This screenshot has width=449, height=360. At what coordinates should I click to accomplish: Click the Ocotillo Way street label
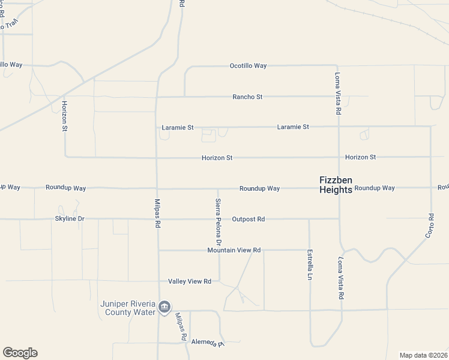pyautogui.click(x=248, y=66)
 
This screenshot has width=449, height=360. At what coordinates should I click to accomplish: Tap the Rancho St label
pyautogui.click(x=248, y=97)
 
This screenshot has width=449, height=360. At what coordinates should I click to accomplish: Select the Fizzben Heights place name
pyautogui.click(x=335, y=184)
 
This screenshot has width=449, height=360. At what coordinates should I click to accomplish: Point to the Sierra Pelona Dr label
pyautogui.click(x=218, y=222)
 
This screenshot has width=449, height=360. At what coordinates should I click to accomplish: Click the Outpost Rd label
pyautogui.click(x=248, y=219)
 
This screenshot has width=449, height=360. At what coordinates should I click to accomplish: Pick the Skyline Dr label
pyautogui.click(x=70, y=219)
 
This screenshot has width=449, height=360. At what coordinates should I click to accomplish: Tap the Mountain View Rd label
pyautogui.click(x=234, y=250)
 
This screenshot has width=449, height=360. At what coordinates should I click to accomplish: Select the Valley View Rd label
pyautogui.click(x=190, y=281)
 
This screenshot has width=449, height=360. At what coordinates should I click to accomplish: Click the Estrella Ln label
pyautogui.click(x=310, y=264)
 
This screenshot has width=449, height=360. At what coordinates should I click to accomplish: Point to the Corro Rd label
pyautogui.click(x=430, y=225)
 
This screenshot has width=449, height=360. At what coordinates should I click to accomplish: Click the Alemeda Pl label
pyautogui.click(x=207, y=342)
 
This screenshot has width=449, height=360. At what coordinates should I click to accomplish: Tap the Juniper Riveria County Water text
pyautogui.click(x=128, y=308)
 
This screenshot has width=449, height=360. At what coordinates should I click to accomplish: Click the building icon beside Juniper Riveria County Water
pyautogui.click(x=165, y=308)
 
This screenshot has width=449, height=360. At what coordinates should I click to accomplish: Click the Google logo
pyautogui.click(x=20, y=353)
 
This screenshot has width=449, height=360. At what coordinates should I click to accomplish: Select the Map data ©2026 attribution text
pyautogui.click(x=423, y=355)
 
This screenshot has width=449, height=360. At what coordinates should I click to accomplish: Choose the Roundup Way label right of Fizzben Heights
pyautogui.click(x=375, y=188)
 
